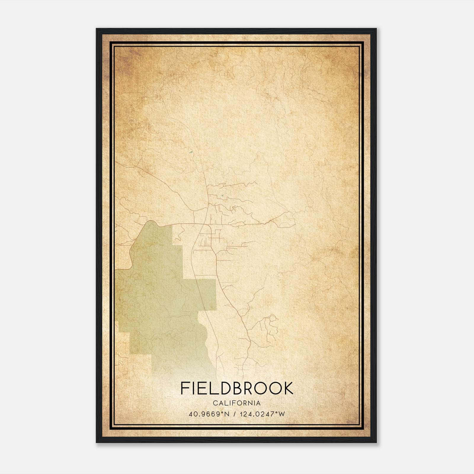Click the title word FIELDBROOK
[237, 388]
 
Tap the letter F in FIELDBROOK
[185, 388]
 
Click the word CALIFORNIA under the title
[237, 403]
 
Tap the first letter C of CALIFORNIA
[215, 403]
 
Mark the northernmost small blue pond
[190, 153]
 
